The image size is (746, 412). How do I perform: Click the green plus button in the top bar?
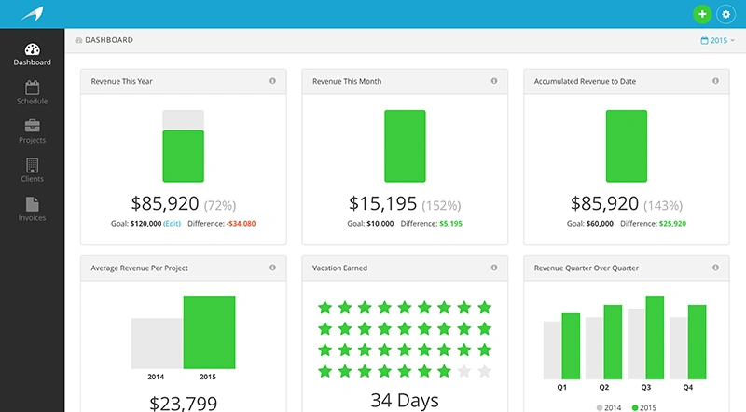pos(701,14)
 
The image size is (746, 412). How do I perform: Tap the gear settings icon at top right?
pos(725,14)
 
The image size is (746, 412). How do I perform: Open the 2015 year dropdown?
pos(717,41)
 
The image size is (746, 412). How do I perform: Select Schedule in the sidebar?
pos(32,92)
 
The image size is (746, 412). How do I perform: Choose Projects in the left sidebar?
pos(32,131)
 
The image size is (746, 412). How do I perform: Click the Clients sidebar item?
pos(32,171)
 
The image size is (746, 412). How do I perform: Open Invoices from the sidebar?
pos(32,210)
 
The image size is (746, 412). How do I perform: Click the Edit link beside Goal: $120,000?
pos(173,224)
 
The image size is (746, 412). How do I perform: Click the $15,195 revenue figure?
pos(382,203)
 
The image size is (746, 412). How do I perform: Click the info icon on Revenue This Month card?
pos(493,81)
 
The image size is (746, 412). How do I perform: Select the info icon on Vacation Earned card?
pos(493,268)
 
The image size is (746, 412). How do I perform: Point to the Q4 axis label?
pos(687,387)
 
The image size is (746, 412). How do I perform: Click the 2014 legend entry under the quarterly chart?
pos(607,407)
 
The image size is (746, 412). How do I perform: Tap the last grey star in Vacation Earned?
pos(484,371)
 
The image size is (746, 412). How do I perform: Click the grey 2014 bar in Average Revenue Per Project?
pos(157,343)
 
